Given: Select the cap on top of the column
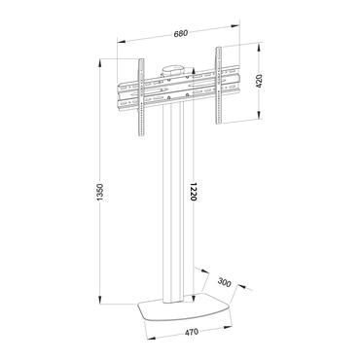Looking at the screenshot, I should [173, 69].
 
